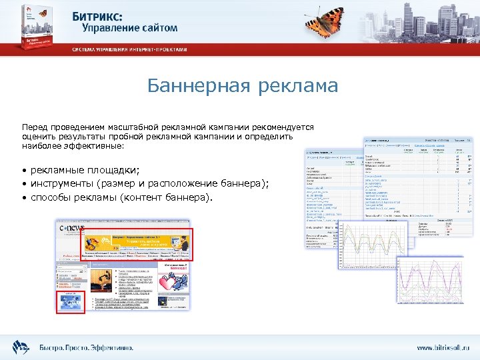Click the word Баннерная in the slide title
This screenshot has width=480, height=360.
click(x=194, y=87)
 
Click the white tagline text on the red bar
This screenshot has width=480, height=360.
click(x=130, y=50)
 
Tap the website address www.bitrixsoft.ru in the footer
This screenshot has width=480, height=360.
click(x=443, y=348)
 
